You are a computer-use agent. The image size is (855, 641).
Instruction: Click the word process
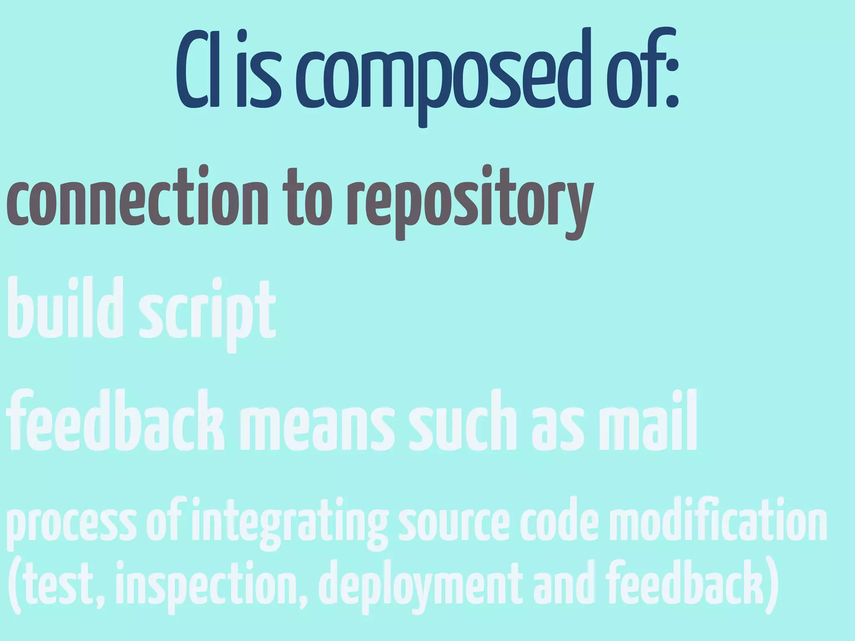tap(71, 524)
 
